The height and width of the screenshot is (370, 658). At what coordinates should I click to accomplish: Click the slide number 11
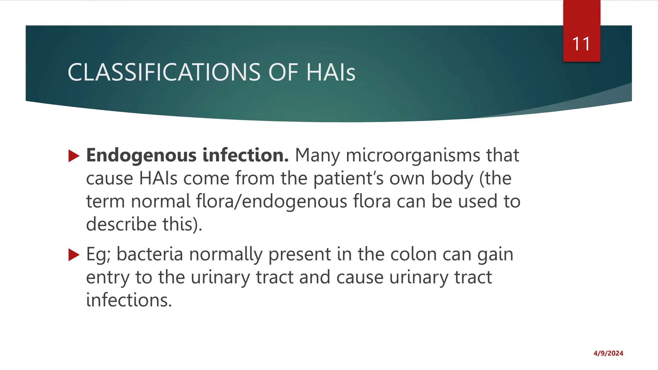coord(581,44)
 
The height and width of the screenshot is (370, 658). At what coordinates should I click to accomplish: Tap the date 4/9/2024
coord(608,353)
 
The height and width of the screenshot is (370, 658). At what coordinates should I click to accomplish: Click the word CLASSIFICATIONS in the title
coord(164,72)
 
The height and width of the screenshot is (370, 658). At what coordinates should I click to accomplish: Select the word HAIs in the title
coord(331,72)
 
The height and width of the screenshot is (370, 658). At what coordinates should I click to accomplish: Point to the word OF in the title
coord(283,72)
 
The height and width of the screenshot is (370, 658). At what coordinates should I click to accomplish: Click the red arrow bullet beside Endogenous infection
coord(74,156)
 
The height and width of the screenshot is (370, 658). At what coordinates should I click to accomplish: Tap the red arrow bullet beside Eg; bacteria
coord(74,255)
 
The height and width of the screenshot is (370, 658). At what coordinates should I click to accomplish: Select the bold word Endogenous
coord(141,155)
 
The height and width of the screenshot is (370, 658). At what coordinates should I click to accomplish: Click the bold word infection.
coord(246,155)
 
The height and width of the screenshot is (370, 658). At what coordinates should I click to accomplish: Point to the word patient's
coord(348,179)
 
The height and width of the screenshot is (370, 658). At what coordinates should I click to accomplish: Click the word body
coord(452,179)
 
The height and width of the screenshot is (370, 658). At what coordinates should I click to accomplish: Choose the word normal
coord(161,201)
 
